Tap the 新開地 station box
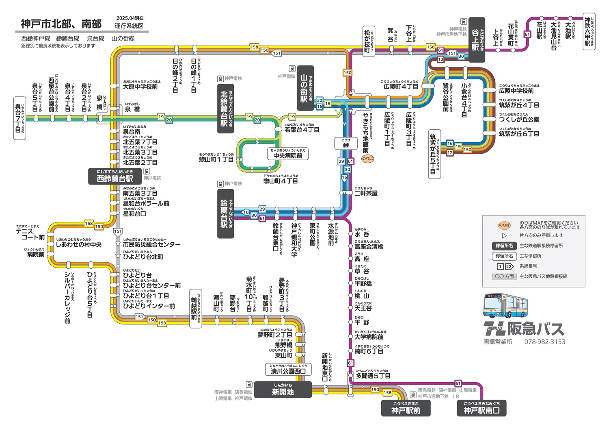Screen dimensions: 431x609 tap(283, 389)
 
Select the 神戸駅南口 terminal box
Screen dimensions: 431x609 tap(482, 408)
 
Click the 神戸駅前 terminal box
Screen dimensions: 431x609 tap(406, 408)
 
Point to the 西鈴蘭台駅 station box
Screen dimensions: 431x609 tap(115, 176)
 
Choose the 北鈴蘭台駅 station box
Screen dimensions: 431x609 tap(226, 109)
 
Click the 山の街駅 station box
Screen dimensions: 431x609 tap(305, 88)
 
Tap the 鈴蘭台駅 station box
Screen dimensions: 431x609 tap(225, 213)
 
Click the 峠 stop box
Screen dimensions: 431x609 tap(346, 143)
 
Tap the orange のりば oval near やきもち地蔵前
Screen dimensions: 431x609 tap(367, 159)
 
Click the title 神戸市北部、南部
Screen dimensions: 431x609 tap(61, 24)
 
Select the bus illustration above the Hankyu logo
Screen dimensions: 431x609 tap(505, 306)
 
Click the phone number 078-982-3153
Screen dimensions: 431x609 tap(544, 342)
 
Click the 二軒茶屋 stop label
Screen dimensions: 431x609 tap(366, 193)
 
